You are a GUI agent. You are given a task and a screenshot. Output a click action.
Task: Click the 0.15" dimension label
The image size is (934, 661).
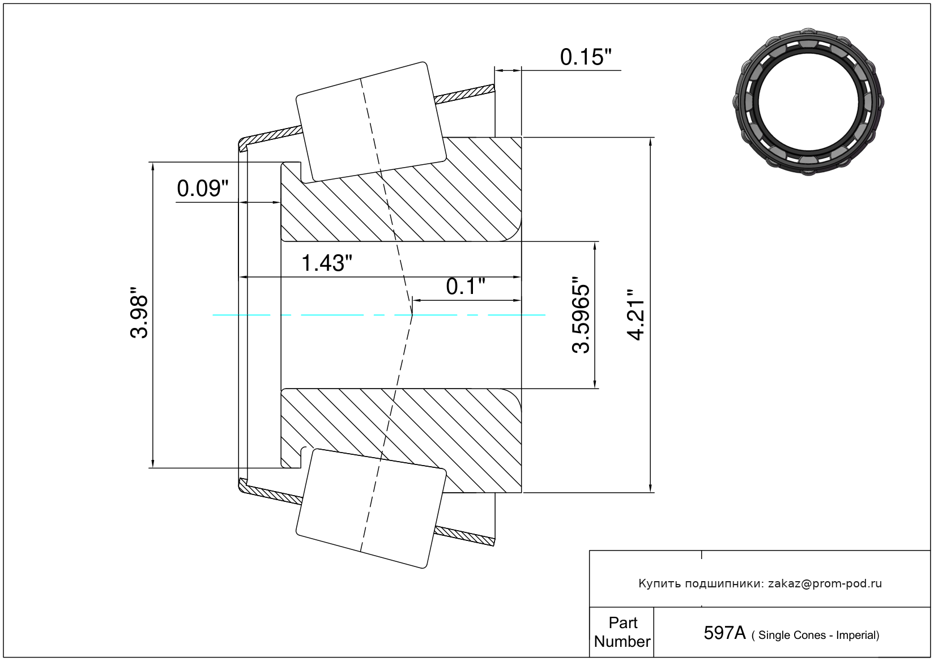click(586, 57)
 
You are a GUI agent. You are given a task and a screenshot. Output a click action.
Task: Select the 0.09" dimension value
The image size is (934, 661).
click(202, 189)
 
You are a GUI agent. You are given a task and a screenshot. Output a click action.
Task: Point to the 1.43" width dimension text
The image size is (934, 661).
click(326, 263)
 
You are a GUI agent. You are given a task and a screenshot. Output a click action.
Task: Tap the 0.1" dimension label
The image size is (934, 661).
click(466, 287)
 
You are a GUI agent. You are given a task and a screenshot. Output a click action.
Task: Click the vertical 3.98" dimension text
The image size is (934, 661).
click(139, 316)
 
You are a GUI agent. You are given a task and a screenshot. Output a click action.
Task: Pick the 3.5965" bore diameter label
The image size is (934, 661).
click(582, 315)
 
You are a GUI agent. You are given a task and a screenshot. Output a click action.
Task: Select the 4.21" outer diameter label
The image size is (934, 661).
click(637, 315)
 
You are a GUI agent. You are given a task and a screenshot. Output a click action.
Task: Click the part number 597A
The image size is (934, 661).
click(724, 633)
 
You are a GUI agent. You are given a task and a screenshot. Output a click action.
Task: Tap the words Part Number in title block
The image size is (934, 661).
click(622, 632)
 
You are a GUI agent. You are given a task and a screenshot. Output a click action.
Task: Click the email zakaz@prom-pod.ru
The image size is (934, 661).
click(825, 583)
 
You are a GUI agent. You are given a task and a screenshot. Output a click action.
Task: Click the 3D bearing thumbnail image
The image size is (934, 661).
click(808, 100)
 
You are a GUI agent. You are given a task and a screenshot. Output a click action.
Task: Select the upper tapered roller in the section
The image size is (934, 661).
click(371, 121)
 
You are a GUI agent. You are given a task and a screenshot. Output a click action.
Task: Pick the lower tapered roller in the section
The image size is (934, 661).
click(371, 508)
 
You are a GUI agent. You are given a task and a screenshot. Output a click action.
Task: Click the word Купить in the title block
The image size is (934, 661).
click(659, 583)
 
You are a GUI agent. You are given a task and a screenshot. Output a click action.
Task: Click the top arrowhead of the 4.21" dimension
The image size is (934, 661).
click(650, 142)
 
